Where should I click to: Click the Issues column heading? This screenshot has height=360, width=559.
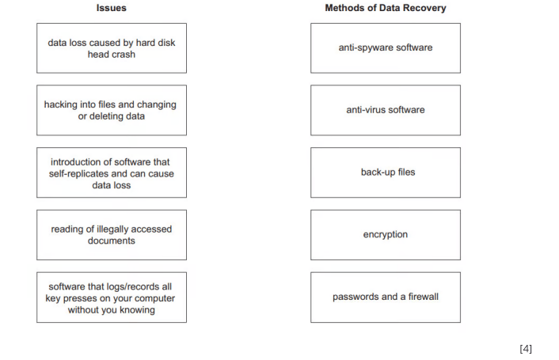tap(112, 8)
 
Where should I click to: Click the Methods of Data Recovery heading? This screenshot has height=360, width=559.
tap(385, 8)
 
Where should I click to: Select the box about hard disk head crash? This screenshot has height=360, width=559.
tap(112, 48)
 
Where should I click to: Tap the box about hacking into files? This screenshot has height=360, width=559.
tap(112, 110)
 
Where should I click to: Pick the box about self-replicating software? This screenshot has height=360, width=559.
tap(112, 172)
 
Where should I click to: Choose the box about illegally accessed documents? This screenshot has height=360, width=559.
tap(112, 235)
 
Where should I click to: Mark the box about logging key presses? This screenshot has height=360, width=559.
tap(112, 297)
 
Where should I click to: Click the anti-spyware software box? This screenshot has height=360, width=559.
tap(385, 48)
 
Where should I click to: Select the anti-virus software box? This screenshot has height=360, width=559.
tap(385, 110)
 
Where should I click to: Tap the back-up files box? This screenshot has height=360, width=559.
tap(385, 172)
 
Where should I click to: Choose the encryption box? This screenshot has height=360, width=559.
tap(385, 235)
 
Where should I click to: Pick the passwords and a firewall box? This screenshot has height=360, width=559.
tap(385, 297)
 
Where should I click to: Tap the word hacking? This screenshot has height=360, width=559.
tap(61, 104)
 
